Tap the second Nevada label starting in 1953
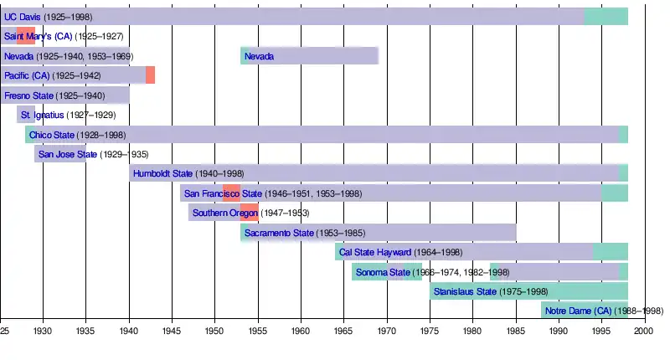(259, 56)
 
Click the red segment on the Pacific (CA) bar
(150, 75)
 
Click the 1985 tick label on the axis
(515, 332)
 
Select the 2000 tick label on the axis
(643, 332)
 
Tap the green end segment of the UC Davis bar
(606, 17)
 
